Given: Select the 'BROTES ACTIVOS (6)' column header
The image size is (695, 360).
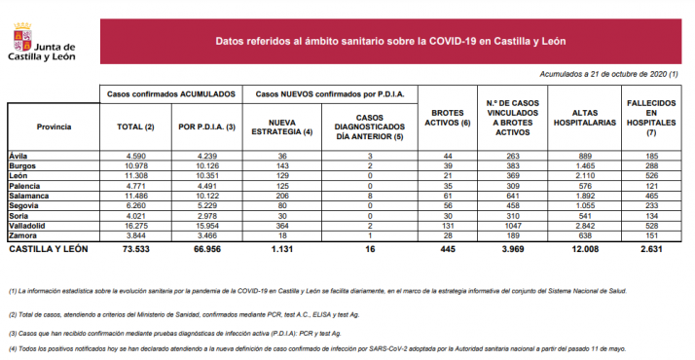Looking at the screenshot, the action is tap(450, 118).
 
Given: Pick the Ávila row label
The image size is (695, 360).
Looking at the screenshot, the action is tap(18, 156).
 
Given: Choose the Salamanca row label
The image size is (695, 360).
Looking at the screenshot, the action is tap(27, 196).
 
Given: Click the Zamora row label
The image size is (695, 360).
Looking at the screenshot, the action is tap(22, 235).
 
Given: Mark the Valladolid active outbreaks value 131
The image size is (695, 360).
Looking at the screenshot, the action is tap(449, 226).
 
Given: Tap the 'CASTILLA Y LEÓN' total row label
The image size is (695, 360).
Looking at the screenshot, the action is tap(46, 249).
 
